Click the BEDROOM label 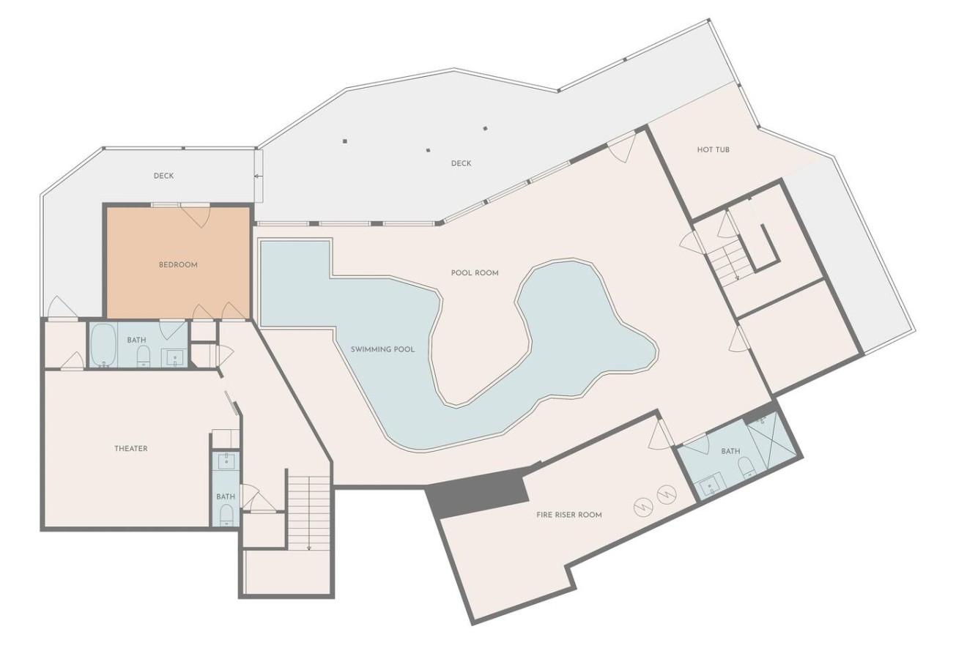coord(178,265)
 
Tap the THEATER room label coord(131,448)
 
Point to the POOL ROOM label coord(475,272)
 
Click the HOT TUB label coord(714,149)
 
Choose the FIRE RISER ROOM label coord(569,515)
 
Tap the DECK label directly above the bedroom coord(163,176)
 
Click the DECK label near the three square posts coord(461,163)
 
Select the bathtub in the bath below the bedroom coord(102,345)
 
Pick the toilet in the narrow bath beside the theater coord(226,515)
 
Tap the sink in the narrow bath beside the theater coord(225,461)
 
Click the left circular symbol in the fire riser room coord(644,507)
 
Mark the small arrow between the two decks coord(258,176)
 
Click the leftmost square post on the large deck coord(345,141)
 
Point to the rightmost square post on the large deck coord(485,128)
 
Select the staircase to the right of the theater coord(309,510)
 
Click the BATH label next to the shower coord(730,451)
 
